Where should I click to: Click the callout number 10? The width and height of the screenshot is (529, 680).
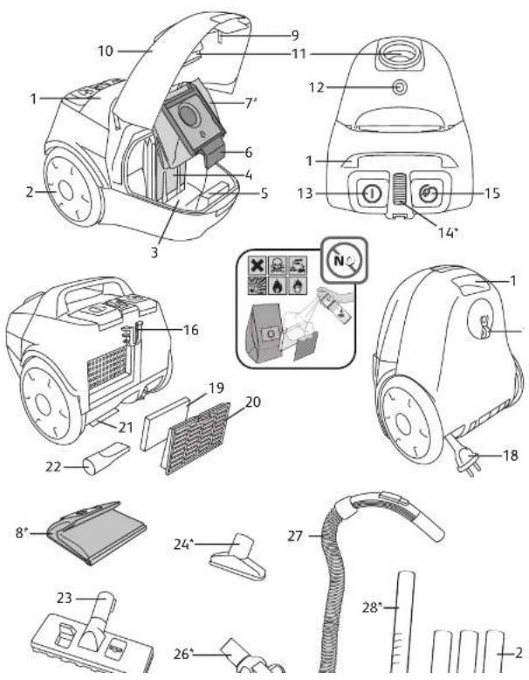coord(105,52)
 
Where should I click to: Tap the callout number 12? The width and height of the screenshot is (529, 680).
coord(316,87)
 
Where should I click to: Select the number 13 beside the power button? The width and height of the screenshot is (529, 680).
coord(305,194)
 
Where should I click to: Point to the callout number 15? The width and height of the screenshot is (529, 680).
coord(492,193)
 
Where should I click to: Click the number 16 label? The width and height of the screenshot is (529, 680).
coord(191,330)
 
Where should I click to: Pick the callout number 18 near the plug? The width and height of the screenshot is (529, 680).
coord(511,456)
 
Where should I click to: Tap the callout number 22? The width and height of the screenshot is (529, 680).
coord(54,468)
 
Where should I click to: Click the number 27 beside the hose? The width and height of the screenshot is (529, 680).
coord(295,537)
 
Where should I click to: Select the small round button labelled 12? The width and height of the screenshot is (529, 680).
coord(399,87)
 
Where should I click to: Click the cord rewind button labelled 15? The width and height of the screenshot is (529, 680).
coord(428,194)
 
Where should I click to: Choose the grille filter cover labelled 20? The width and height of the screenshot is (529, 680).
coord(196,438)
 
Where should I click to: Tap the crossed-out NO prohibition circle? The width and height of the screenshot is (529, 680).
coord(344,260)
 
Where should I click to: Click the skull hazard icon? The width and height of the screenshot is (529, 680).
coord(278,264)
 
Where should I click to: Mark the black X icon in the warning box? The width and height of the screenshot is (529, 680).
coord(258,264)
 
